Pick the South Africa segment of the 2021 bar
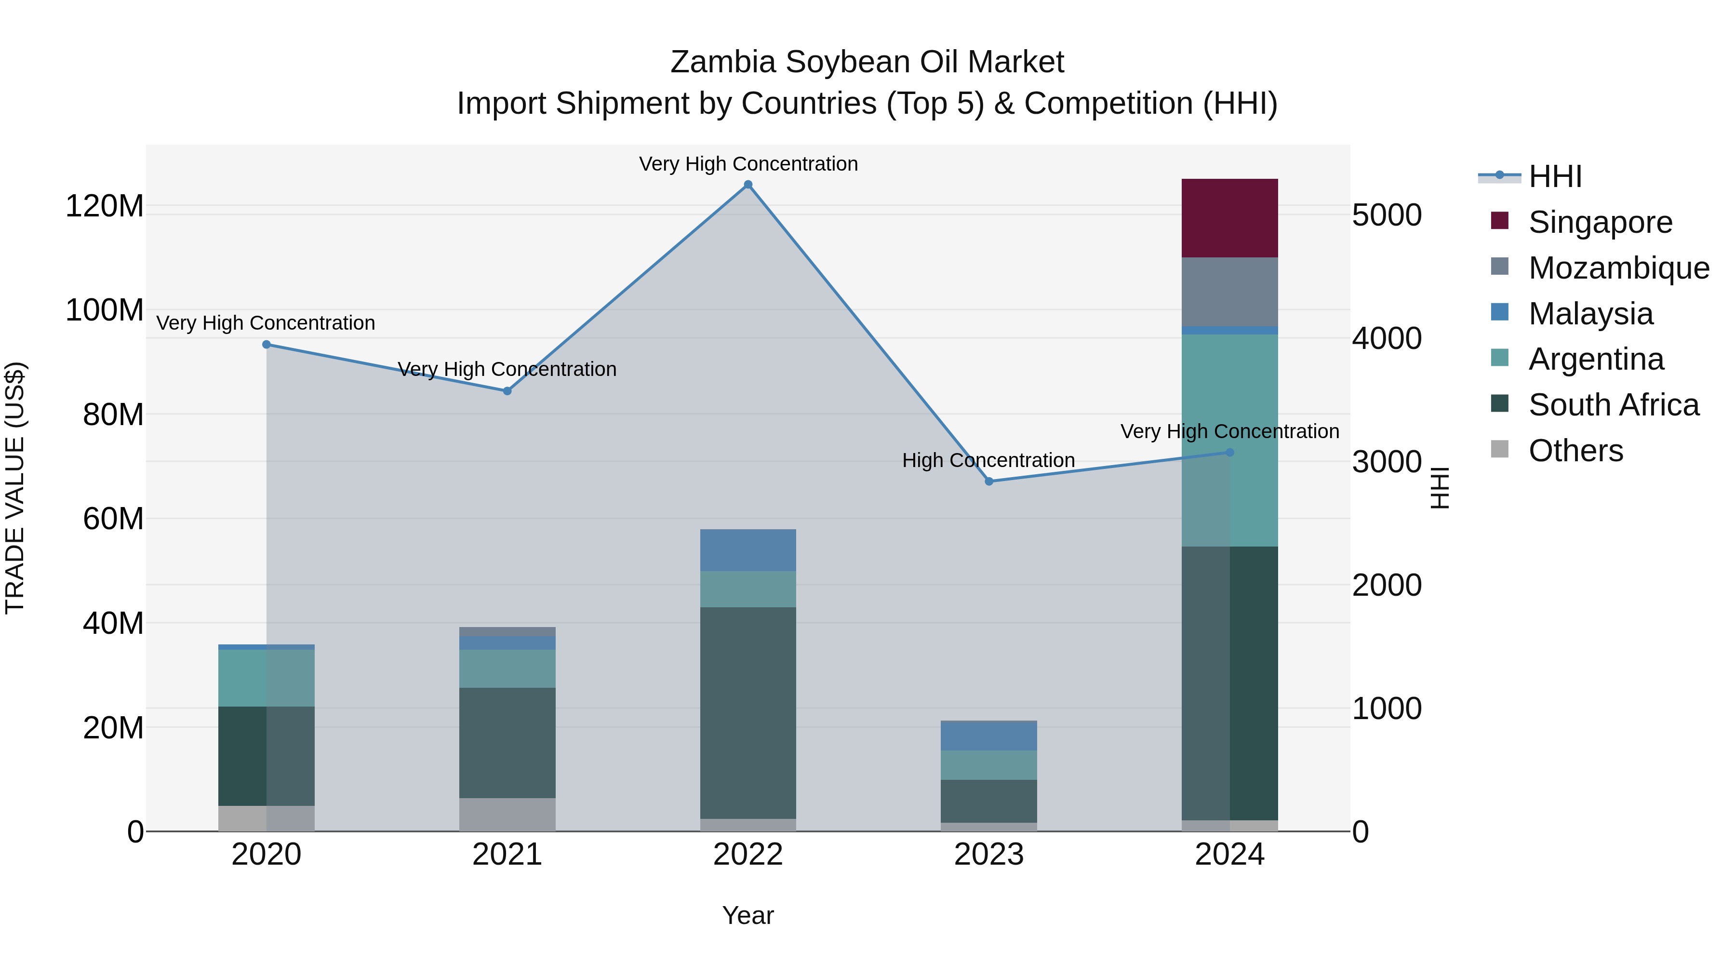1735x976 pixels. click(x=507, y=742)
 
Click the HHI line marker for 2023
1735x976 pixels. click(x=989, y=481)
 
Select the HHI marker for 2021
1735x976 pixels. click(x=507, y=391)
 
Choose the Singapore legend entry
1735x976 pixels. click(x=1600, y=222)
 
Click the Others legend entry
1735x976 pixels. click(x=1575, y=450)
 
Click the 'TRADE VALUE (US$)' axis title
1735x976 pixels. click(x=15, y=488)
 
